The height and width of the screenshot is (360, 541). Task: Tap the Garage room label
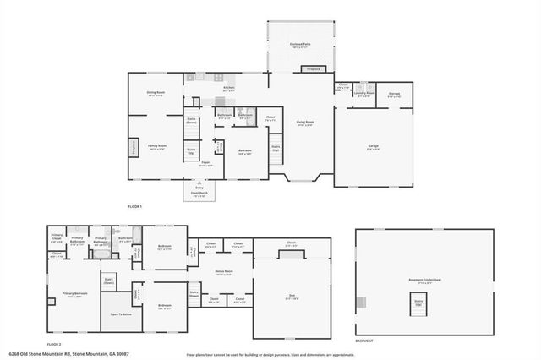pos(373,146)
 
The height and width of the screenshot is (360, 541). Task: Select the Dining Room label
pos(155,93)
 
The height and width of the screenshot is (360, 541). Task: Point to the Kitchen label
pos(228,87)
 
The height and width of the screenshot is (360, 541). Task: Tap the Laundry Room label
pos(364,95)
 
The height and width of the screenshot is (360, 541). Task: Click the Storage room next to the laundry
pos(394,95)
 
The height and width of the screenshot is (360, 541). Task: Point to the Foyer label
pos(205,163)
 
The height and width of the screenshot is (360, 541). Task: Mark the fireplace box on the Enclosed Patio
pos(313,68)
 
